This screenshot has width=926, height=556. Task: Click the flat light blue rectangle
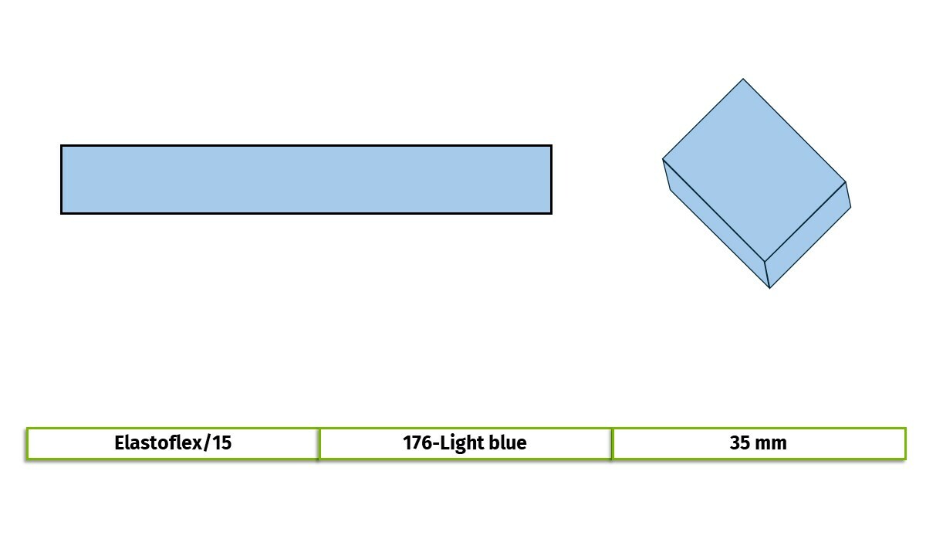[306, 179]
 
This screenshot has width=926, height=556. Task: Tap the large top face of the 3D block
[754, 170]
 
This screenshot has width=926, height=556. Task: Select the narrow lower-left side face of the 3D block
[716, 223]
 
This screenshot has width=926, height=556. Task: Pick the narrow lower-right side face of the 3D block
[807, 235]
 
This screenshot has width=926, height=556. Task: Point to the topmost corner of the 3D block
[743, 79]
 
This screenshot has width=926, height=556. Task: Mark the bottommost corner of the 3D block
[770, 288]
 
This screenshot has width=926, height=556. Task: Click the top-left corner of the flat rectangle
[61, 145]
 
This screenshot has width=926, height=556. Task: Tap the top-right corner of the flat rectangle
[552, 145]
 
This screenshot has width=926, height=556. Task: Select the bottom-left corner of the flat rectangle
[61, 214]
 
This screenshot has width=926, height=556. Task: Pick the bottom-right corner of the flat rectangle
[552, 214]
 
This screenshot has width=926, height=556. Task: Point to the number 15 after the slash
[222, 442]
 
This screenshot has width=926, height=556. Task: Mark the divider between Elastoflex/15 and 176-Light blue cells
[319, 444]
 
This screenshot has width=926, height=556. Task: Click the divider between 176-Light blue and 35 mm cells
[612, 444]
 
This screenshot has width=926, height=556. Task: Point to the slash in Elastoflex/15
[207, 442]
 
